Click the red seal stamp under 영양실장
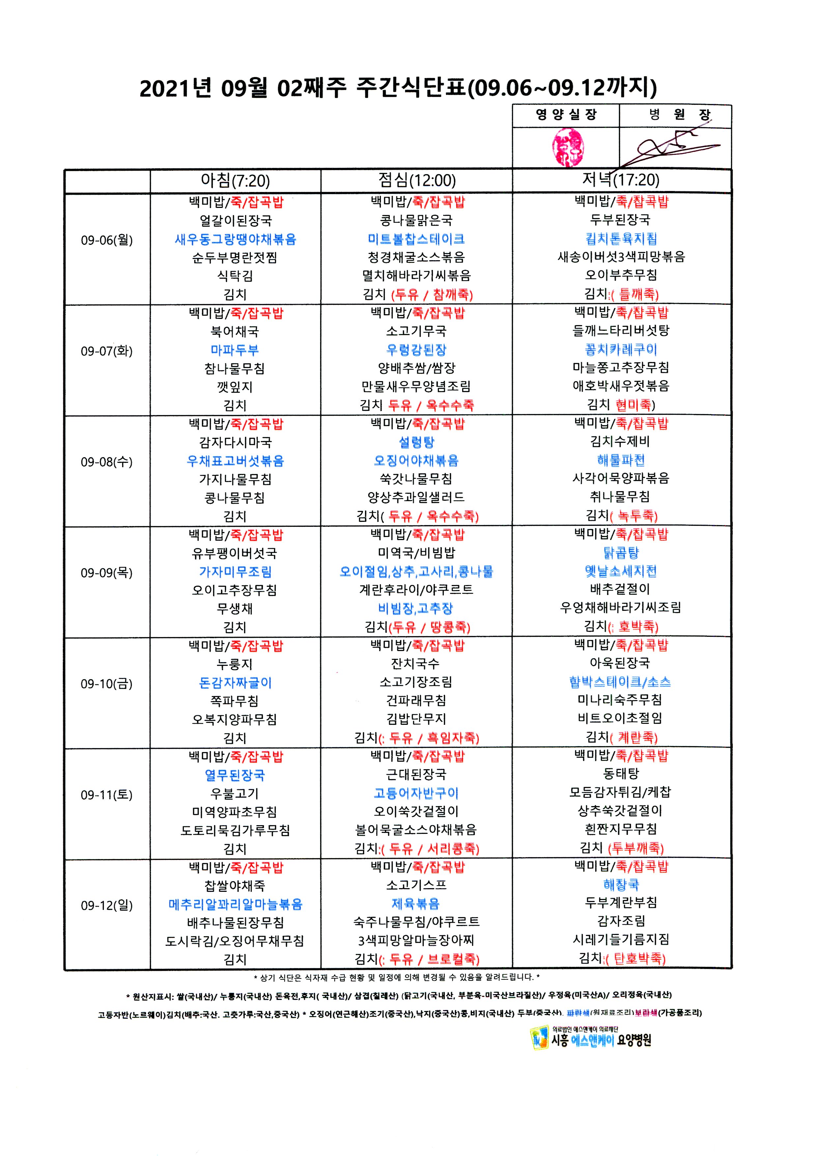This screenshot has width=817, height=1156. click(567, 147)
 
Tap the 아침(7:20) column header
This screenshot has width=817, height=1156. click(235, 180)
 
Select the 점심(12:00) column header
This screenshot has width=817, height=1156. click(417, 180)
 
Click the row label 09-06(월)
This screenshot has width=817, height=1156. click(107, 240)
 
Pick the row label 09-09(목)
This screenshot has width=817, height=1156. click(107, 573)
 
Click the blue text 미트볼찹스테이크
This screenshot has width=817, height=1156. click(416, 239)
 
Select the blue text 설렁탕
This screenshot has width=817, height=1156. click(416, 442)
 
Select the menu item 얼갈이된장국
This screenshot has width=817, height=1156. click(236, 220)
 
